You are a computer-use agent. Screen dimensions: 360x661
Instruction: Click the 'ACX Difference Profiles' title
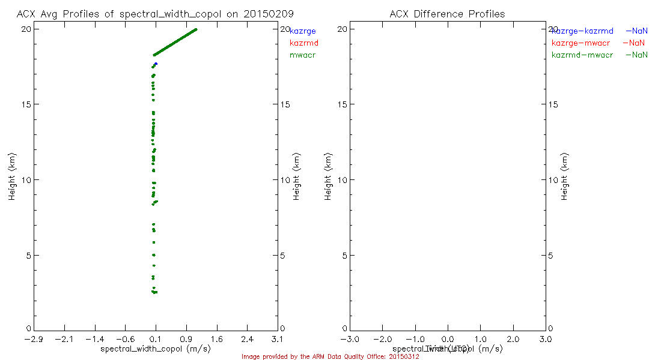[x=447, y=13]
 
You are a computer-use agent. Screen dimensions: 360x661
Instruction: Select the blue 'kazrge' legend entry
[x=303, y=31]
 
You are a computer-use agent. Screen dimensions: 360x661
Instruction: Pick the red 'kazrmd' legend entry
[x=304, y=43]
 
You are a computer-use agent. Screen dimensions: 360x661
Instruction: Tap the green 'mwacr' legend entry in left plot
[x=303, y=55]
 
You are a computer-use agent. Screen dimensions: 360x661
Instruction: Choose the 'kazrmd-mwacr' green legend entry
[x=582, y=55]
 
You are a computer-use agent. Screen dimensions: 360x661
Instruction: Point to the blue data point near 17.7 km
[x=156, y=64]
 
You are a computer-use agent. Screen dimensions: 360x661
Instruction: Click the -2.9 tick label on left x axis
[x=33, y=340]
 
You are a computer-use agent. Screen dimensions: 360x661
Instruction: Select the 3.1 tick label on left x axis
[x=278, y=340]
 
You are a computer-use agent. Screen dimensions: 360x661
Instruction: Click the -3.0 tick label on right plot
[x=350, y=340]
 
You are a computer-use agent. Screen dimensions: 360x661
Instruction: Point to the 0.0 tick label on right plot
[x=448, y=340]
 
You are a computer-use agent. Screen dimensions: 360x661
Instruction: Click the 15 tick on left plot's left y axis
[x=27, y=104]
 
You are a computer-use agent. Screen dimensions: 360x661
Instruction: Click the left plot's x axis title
[x=155, y=349]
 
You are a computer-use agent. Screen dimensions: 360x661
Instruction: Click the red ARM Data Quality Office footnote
[x=330, y=356]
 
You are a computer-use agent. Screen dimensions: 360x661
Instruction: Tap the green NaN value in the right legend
[x=639, y=55]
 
